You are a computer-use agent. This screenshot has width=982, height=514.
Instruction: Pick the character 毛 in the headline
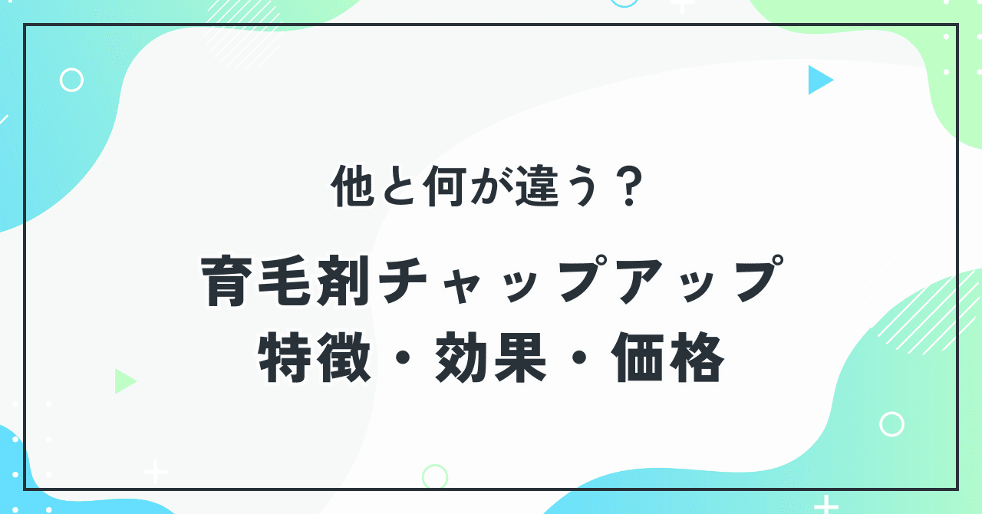coord(283,282)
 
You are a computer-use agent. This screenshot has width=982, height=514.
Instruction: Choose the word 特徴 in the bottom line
coord(315,360)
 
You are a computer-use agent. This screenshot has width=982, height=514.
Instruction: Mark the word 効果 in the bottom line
coord(491,360)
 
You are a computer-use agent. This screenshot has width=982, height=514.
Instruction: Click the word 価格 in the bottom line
coord(667,360)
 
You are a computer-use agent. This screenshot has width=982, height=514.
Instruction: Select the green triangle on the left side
coord(124,381)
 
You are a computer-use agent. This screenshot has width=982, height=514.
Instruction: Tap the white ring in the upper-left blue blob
coord(71,80)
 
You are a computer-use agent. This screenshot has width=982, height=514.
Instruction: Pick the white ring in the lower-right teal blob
coord(891,423)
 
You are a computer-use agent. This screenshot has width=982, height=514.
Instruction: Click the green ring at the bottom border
coord(435,476)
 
